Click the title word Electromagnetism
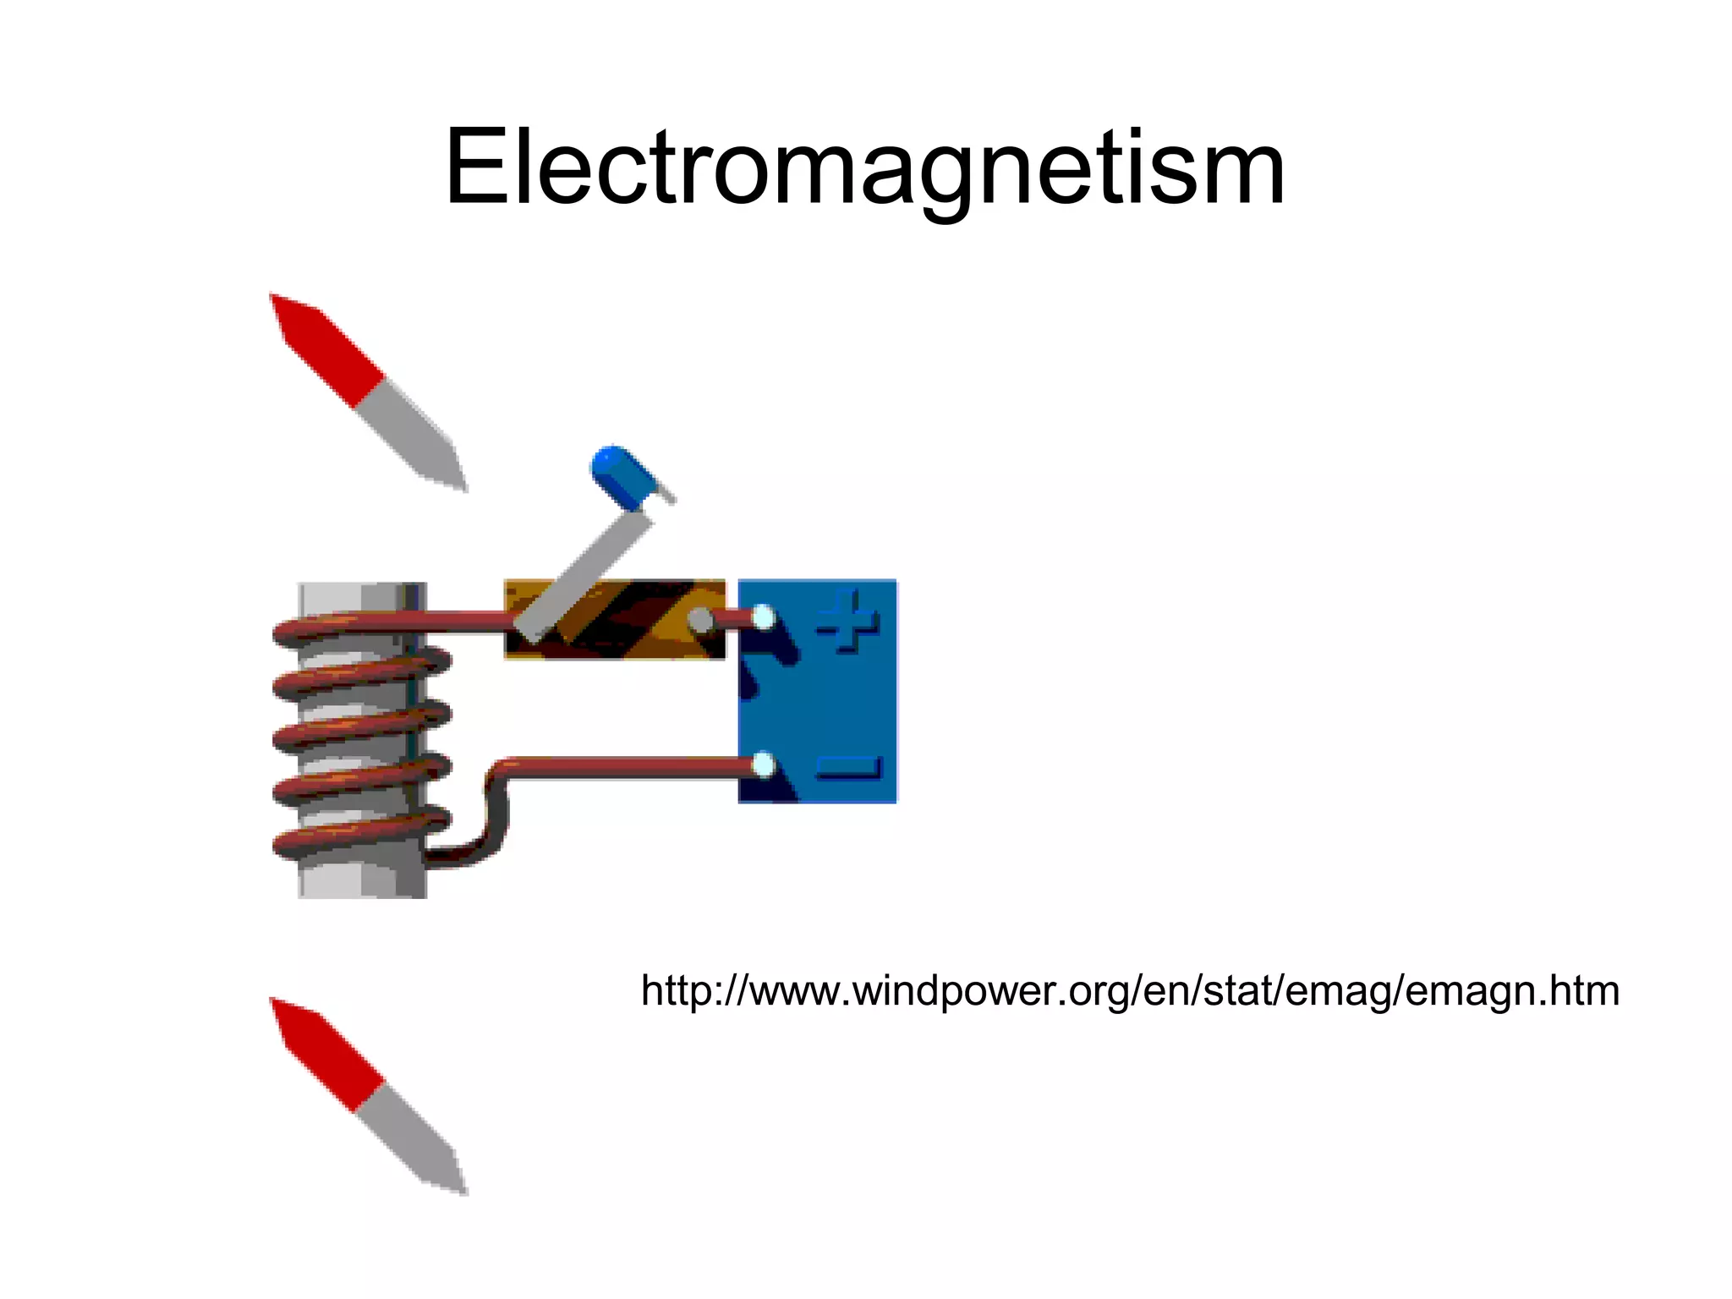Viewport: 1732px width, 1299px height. [864, 167]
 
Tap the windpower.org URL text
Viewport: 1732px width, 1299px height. [1130, 990]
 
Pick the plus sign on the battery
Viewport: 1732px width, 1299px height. [848, 621]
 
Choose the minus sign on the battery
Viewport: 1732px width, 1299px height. [848, 767]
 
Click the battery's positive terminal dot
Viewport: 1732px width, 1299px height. [763, 618]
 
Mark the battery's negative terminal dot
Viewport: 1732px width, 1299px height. [763, 766]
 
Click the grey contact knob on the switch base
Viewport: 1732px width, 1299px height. [700, 620]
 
